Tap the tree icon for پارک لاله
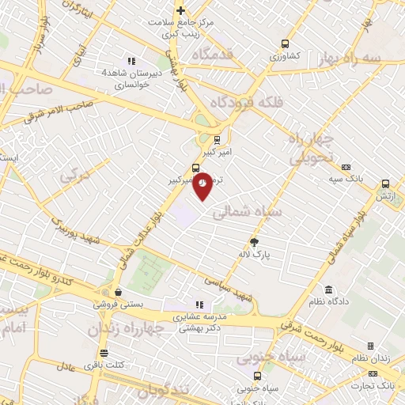(255, 241)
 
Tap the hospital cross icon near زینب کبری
(181, 11)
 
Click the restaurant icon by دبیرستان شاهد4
(132, 61)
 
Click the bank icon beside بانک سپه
(346, 167)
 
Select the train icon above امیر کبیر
(217, 140)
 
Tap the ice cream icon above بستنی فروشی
(117, 292)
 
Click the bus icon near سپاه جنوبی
(256, 377)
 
